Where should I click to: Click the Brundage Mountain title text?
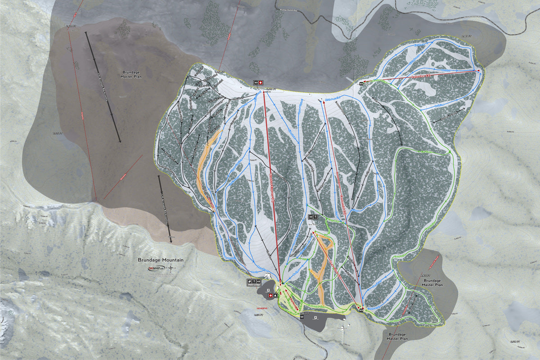coord(161,260)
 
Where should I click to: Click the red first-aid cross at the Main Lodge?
coord(270,296)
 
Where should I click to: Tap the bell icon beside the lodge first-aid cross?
coord(275,296)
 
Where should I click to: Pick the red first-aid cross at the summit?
coord(261,83)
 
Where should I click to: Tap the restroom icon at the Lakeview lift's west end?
coord(361,84)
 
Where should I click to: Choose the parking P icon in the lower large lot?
coord(315,317)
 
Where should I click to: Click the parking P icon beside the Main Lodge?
coord(268,290)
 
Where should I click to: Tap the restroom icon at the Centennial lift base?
coord(361,310)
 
